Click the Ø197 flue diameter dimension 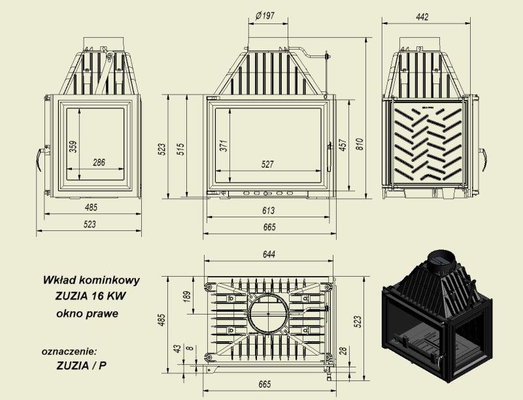(265, 16)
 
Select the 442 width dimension (422, 17)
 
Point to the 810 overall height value (359, 144)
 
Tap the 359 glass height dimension (73, 147)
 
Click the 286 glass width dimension (99, 162)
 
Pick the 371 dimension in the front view (224, 146)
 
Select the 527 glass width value (267, 164)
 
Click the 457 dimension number (343, 145)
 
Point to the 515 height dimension (180, 149)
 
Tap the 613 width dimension (269, 211)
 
